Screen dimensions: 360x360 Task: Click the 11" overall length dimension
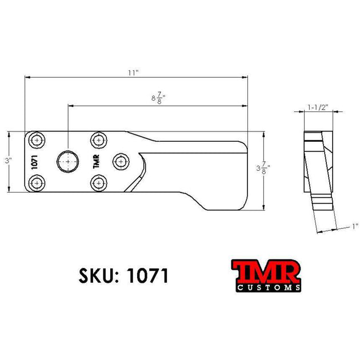pyautogui.click(x=134, y=73)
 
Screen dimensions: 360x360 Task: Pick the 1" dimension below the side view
pyautogui.click(x=355, y=227)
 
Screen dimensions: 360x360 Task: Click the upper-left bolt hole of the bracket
pyautogui.click(x=37, y=139)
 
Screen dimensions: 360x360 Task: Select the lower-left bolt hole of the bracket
pyautogui.click(x=37, y=183)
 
